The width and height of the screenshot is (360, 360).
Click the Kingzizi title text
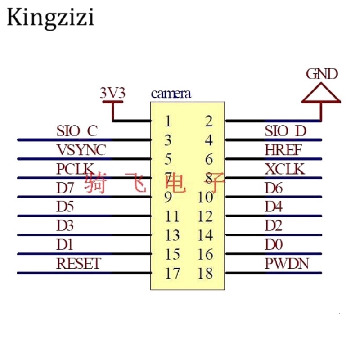coord(50,18)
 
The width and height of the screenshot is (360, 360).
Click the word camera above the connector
coord(171,94)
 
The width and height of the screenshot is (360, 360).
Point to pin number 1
coord(167,121)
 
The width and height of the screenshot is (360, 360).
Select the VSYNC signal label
coord(81,150)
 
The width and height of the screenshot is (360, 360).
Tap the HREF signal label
coord(283,150)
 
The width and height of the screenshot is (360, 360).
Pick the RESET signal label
coord(79,263)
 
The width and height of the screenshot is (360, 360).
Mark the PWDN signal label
coord(287,263)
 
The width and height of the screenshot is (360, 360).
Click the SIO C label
coord(77,131)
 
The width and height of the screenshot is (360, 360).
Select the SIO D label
coord(285,131)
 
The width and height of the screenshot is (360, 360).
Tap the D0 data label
coord(273,244)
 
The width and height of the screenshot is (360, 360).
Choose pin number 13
coord(172,235)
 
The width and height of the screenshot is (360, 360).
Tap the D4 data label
coord(273,207)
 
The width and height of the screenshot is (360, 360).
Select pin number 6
coord(208,159)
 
